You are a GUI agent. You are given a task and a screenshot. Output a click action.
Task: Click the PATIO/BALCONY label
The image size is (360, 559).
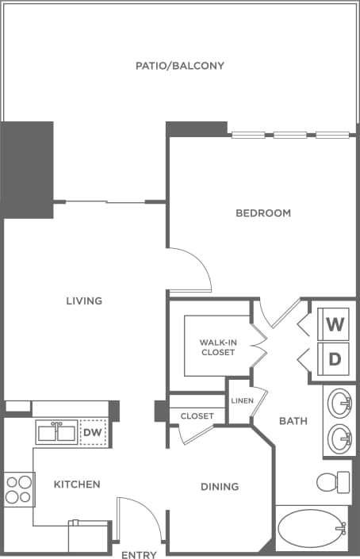pos(179,66)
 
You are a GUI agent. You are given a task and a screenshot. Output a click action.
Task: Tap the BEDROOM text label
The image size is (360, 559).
pos(263,213)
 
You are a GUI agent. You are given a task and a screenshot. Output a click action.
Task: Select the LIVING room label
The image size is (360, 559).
pos(85,301)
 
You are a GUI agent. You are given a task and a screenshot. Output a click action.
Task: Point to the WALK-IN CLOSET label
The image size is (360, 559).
pos(217,347)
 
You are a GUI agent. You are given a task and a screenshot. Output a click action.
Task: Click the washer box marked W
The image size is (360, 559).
pos(335,324)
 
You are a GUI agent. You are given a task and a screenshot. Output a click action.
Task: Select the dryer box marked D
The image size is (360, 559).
pos(335,358)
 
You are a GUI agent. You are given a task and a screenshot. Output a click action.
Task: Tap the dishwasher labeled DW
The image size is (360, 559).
pos(93,432)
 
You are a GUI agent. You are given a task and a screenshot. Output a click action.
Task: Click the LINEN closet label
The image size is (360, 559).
pos(241,401)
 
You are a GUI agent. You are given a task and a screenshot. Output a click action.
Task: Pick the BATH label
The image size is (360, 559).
pos(293,421)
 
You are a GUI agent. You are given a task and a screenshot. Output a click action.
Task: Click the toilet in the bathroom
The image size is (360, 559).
pos(334,481)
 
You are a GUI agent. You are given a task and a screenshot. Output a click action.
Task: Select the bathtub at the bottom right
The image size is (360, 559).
pos(311,528)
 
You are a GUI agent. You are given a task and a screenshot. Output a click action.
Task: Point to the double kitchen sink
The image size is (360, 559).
pos(57,432)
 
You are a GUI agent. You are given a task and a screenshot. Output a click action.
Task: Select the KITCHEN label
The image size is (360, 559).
pos(77,484)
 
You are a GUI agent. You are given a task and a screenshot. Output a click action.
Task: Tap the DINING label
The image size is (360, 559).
pos(220,487)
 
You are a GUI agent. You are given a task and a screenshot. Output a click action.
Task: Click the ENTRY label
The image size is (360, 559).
pos(139,555)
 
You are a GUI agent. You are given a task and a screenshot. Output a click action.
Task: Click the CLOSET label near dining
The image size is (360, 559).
pos(197,416)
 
